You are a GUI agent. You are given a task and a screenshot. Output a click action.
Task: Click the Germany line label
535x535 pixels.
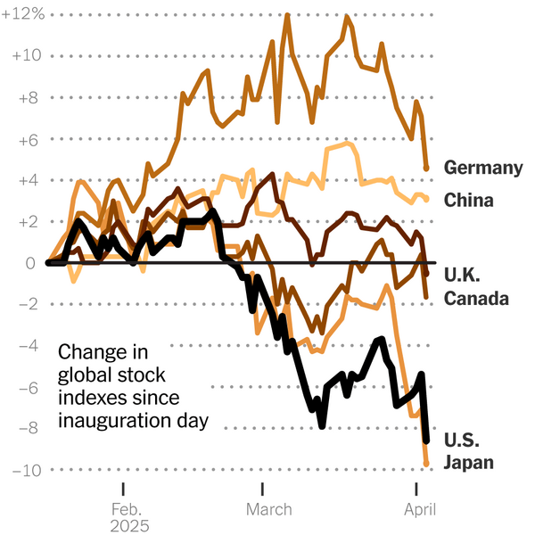482,168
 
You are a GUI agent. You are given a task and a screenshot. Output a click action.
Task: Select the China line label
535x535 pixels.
468,201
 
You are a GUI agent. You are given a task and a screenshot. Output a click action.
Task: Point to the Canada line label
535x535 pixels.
476,299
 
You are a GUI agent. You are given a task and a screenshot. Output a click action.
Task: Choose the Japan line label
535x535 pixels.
469,463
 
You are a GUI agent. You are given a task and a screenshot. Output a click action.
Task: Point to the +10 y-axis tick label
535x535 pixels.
26,56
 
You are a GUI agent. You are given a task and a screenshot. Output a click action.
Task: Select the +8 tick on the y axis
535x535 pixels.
29,97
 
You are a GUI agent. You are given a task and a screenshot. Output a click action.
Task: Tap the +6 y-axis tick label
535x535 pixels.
29,139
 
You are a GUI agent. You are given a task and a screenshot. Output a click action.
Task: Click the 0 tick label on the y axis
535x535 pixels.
31,263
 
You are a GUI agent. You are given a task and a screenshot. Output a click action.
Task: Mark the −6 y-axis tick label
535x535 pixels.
28,387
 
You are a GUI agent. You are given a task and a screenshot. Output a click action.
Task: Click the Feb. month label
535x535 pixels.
123,509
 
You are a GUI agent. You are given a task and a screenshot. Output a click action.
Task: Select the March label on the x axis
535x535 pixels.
267,509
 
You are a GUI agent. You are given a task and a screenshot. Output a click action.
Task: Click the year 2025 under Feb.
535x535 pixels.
129,526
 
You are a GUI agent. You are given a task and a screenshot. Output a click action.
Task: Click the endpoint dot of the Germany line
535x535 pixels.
426,168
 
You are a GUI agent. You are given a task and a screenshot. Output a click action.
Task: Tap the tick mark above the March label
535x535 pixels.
262,489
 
